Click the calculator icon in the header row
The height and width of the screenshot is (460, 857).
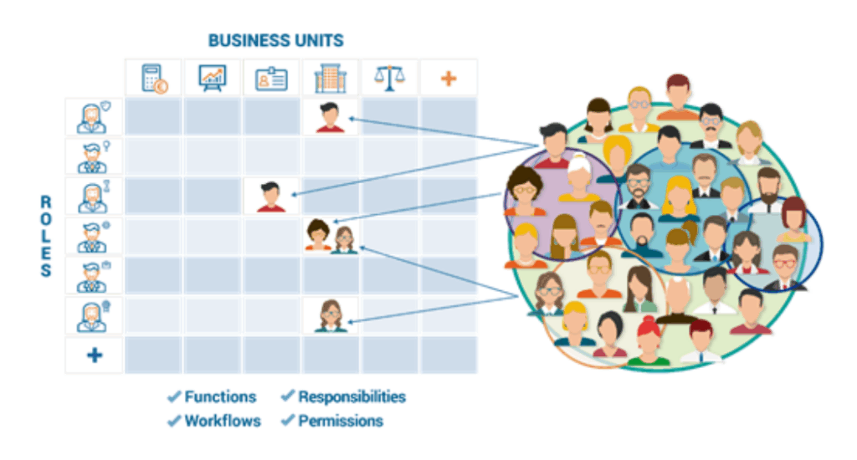(153, 79)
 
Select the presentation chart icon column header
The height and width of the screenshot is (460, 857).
(212, 79)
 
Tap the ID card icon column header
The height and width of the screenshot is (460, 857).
(271, 79)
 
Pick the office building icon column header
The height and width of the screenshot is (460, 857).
(330, 79)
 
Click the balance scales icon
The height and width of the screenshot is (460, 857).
(388, 79)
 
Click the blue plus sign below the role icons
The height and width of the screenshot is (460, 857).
(95, 355)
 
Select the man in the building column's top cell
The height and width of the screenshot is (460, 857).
(330, 117)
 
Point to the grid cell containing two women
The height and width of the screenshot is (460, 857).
(331, 236)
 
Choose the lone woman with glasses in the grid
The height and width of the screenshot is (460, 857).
(331, 316)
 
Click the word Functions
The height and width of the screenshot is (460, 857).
(220, 397)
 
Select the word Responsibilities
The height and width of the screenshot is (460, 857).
(352, 397)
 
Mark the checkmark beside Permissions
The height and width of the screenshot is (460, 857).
(288, 421)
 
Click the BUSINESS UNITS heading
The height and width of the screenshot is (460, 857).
(275, 40)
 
